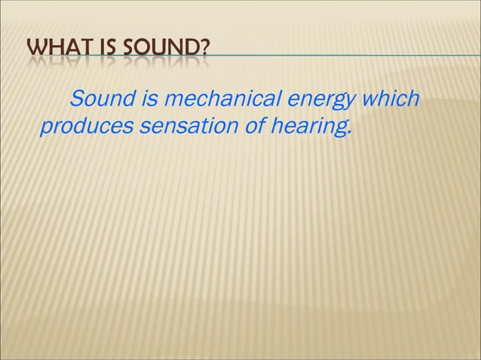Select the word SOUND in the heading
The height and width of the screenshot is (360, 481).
[160, 52]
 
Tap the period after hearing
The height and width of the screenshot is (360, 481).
[350, 135]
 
